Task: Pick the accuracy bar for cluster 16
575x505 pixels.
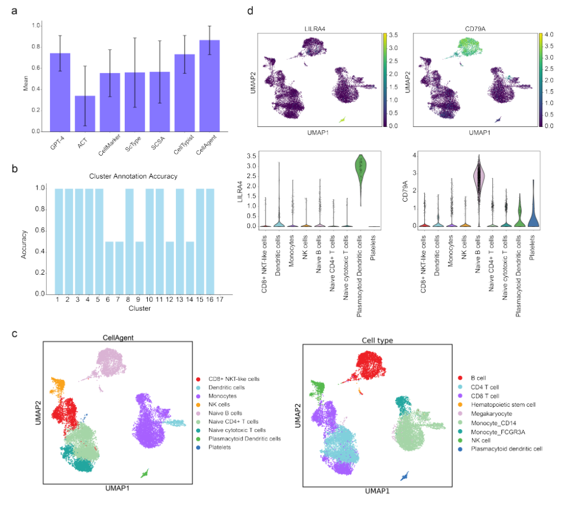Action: tap(210, 241)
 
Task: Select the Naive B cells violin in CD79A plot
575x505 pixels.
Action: tap(477, 184)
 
